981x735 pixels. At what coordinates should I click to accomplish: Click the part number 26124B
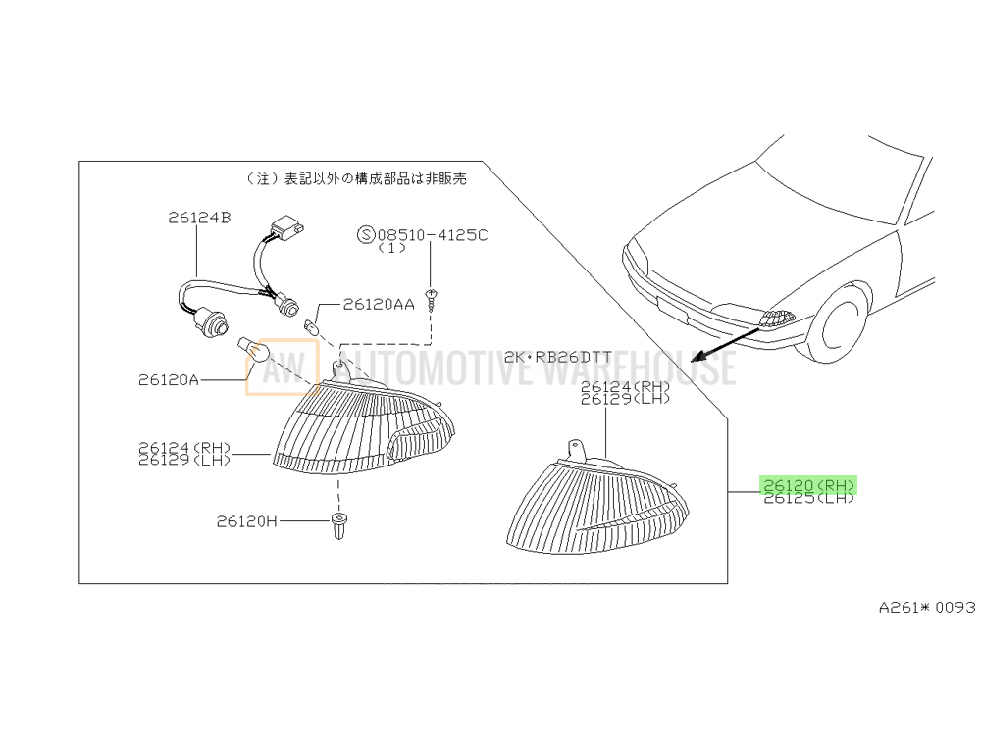point(199,218)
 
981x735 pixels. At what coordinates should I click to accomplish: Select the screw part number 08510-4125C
point(433,235)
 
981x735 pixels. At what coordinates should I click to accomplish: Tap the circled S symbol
point(366,235)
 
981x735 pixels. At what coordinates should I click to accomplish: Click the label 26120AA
point(379,305)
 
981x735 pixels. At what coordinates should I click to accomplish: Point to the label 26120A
point(169,380)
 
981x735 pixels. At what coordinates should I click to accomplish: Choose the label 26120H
point(246,521)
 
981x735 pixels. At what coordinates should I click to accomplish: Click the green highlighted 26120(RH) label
point(808,485)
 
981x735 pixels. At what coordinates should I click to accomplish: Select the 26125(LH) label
point(808,498)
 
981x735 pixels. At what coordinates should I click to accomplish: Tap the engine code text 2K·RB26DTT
point(557,357)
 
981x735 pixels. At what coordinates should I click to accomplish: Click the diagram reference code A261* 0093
point(927,607)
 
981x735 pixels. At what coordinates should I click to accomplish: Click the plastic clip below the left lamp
point(338,526)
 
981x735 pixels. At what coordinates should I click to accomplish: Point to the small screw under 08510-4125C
point(431,300)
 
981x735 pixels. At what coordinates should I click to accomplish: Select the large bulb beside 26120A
point(253,350)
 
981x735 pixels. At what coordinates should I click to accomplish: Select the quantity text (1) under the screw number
point(391,248)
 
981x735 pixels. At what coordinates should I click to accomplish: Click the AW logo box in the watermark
point(283,367)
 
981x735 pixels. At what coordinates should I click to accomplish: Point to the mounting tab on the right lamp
point(577,449)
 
